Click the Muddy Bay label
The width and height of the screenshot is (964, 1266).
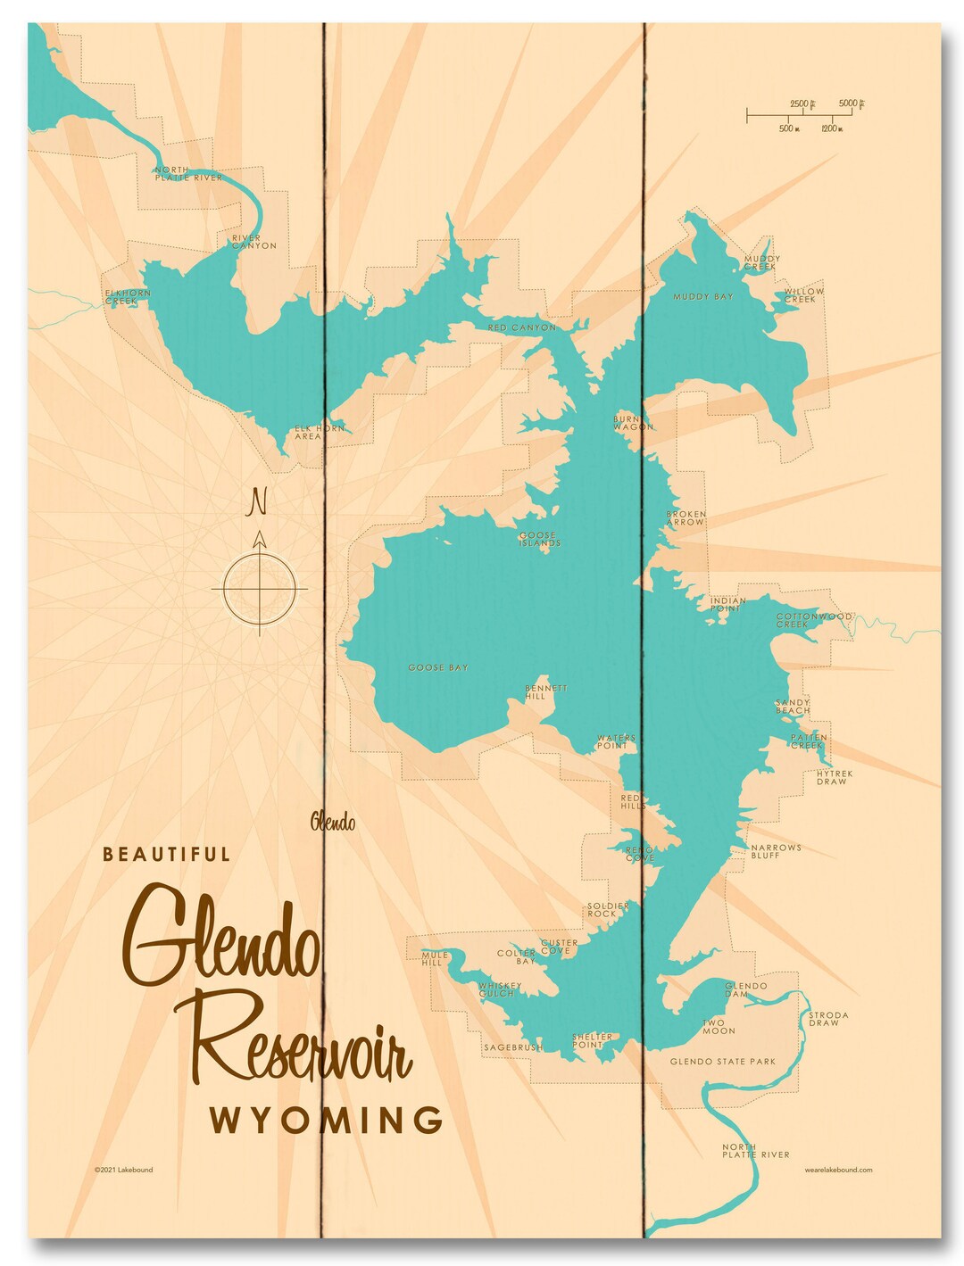(x=702, y=296)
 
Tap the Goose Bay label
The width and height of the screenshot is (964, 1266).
(x=437, y=667)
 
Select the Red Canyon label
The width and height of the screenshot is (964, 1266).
(x=521, y=327)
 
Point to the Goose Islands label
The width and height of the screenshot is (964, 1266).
(x=540, y=539)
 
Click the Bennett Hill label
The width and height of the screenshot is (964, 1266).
(x=545, y=691)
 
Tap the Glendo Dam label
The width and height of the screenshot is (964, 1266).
(x=745, y=989)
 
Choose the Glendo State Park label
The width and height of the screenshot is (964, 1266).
(x=722, y=1062)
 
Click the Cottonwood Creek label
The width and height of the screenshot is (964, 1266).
(x=812, y=620)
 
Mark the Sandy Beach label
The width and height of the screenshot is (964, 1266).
(x=793, y=707)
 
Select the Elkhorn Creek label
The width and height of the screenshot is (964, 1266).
(x=127, y=297)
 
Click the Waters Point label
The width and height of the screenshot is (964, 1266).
(x=615, y=741)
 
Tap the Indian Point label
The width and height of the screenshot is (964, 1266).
(x=727, y=604)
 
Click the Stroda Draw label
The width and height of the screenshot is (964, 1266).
(x=827, y=1019)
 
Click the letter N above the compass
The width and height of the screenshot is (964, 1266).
(x=258, y=502)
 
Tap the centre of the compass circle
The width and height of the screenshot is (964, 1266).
(x=259, y=589)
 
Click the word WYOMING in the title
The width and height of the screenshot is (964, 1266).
(x=327, y=1120)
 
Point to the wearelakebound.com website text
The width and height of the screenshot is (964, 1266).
(x=837, y=1170)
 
